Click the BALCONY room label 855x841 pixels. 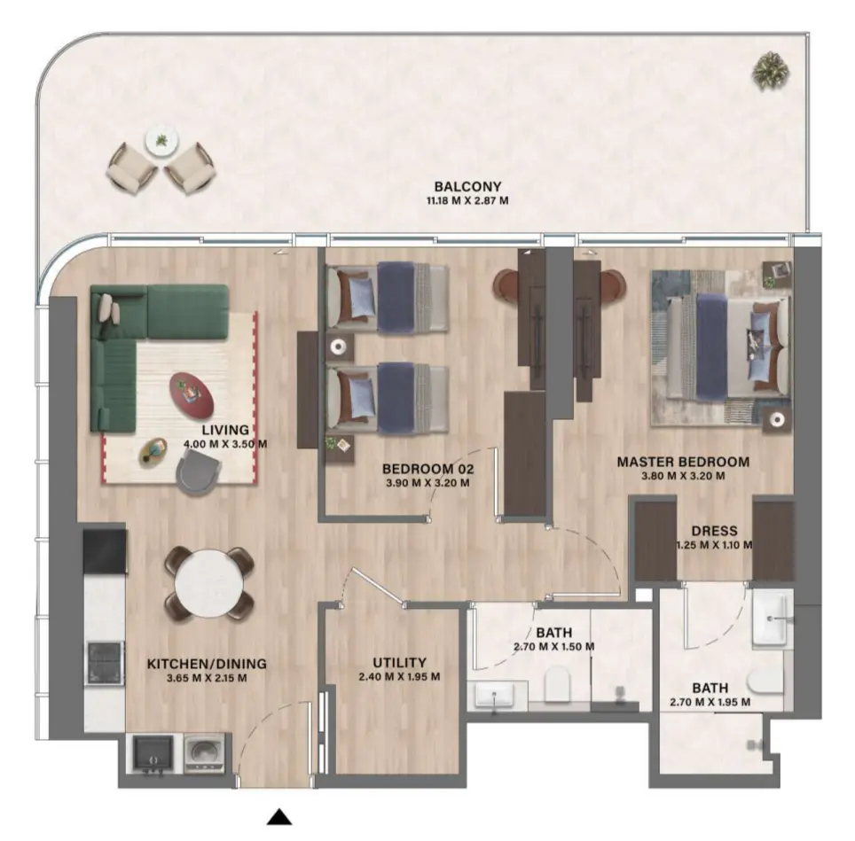(x=467, y=187)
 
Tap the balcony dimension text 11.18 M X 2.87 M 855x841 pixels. (x=467, y=201)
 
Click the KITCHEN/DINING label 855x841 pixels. (x=207, y=663)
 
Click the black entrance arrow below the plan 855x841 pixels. (x=280, y=817)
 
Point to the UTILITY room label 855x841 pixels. (x=399, y=662)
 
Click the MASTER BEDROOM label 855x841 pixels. (x=683, y=462)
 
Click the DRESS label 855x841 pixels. (x=714, y=531)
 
